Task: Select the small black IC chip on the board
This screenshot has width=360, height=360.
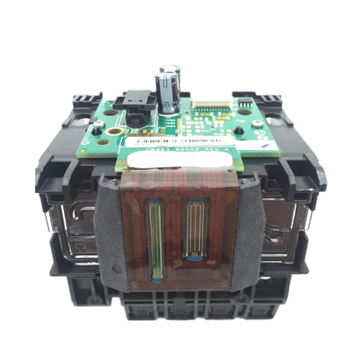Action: tap(242, 103)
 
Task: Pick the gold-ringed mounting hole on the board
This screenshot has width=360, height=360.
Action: tap(114, 130)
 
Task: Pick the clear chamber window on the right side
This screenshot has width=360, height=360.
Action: tap(284, 216)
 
